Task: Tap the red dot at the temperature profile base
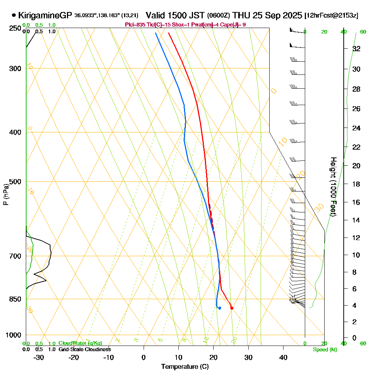(x=232, y=308)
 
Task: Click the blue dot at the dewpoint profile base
(x=220, y=308)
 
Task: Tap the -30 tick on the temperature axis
(x=39, y=357)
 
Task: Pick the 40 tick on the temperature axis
(x=283, y=357)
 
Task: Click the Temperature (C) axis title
(x=185, y=367)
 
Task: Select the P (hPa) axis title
(x=6, y=194)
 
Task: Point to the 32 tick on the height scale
(x=356, y=49)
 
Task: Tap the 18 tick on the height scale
(x=356, y=184)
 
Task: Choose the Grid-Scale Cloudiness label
(x=84, y=349)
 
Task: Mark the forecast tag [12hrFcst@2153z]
(x=331, y=16)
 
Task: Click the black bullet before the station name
(x=14, y=15)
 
